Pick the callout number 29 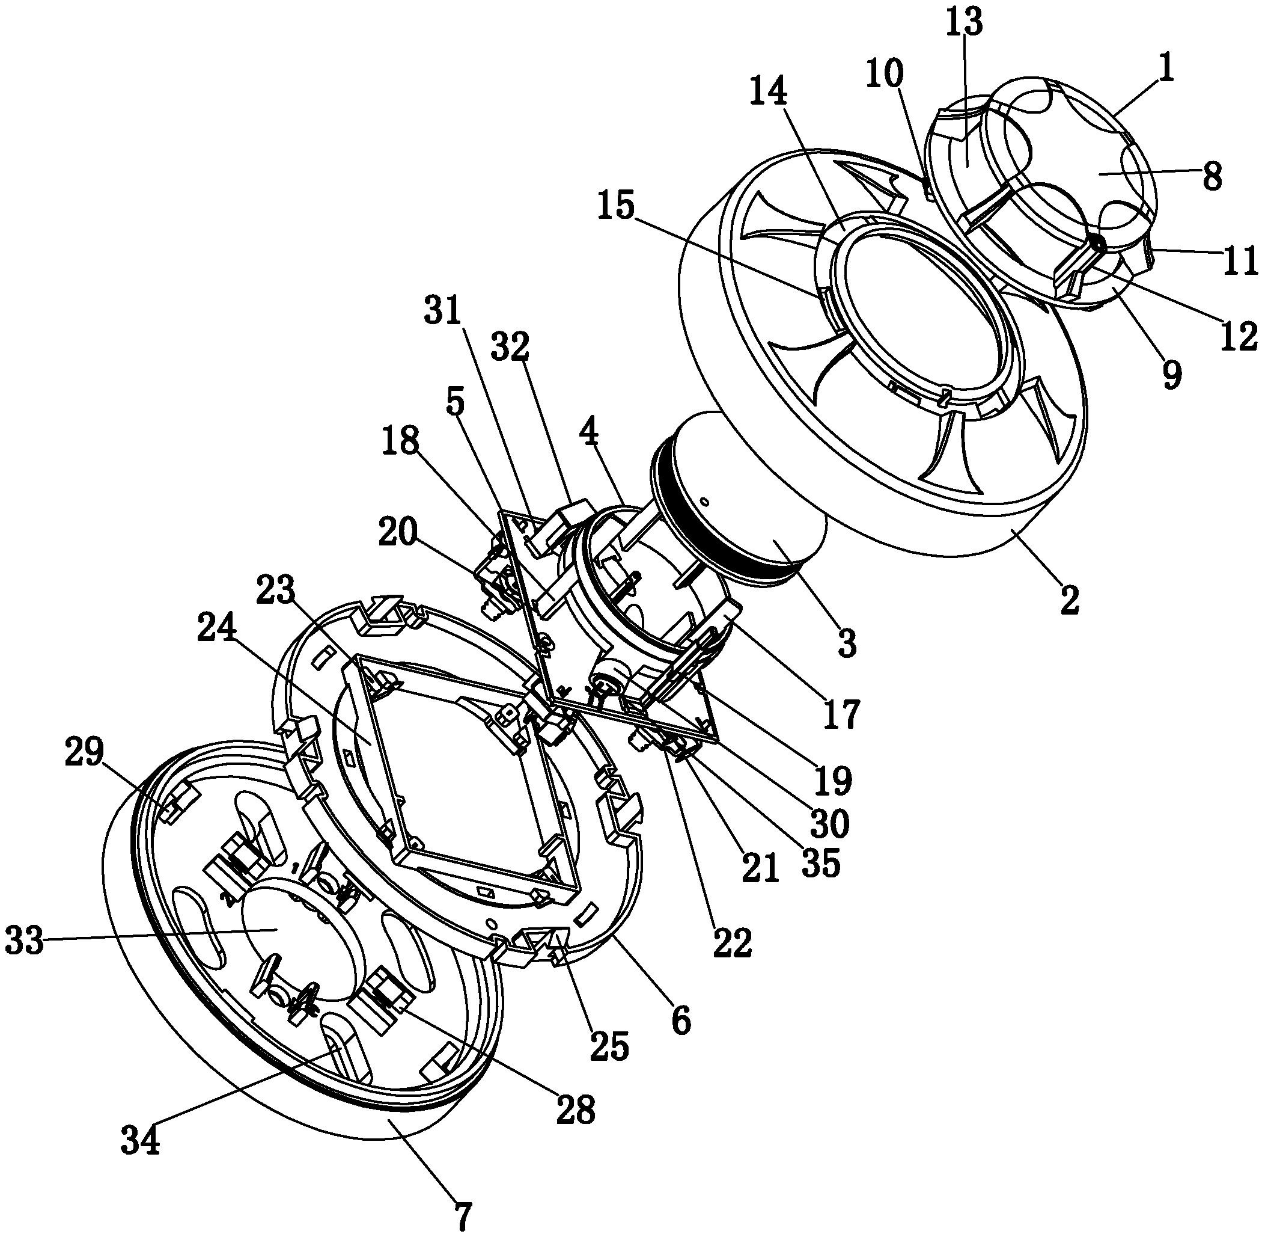tap(84, 752)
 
